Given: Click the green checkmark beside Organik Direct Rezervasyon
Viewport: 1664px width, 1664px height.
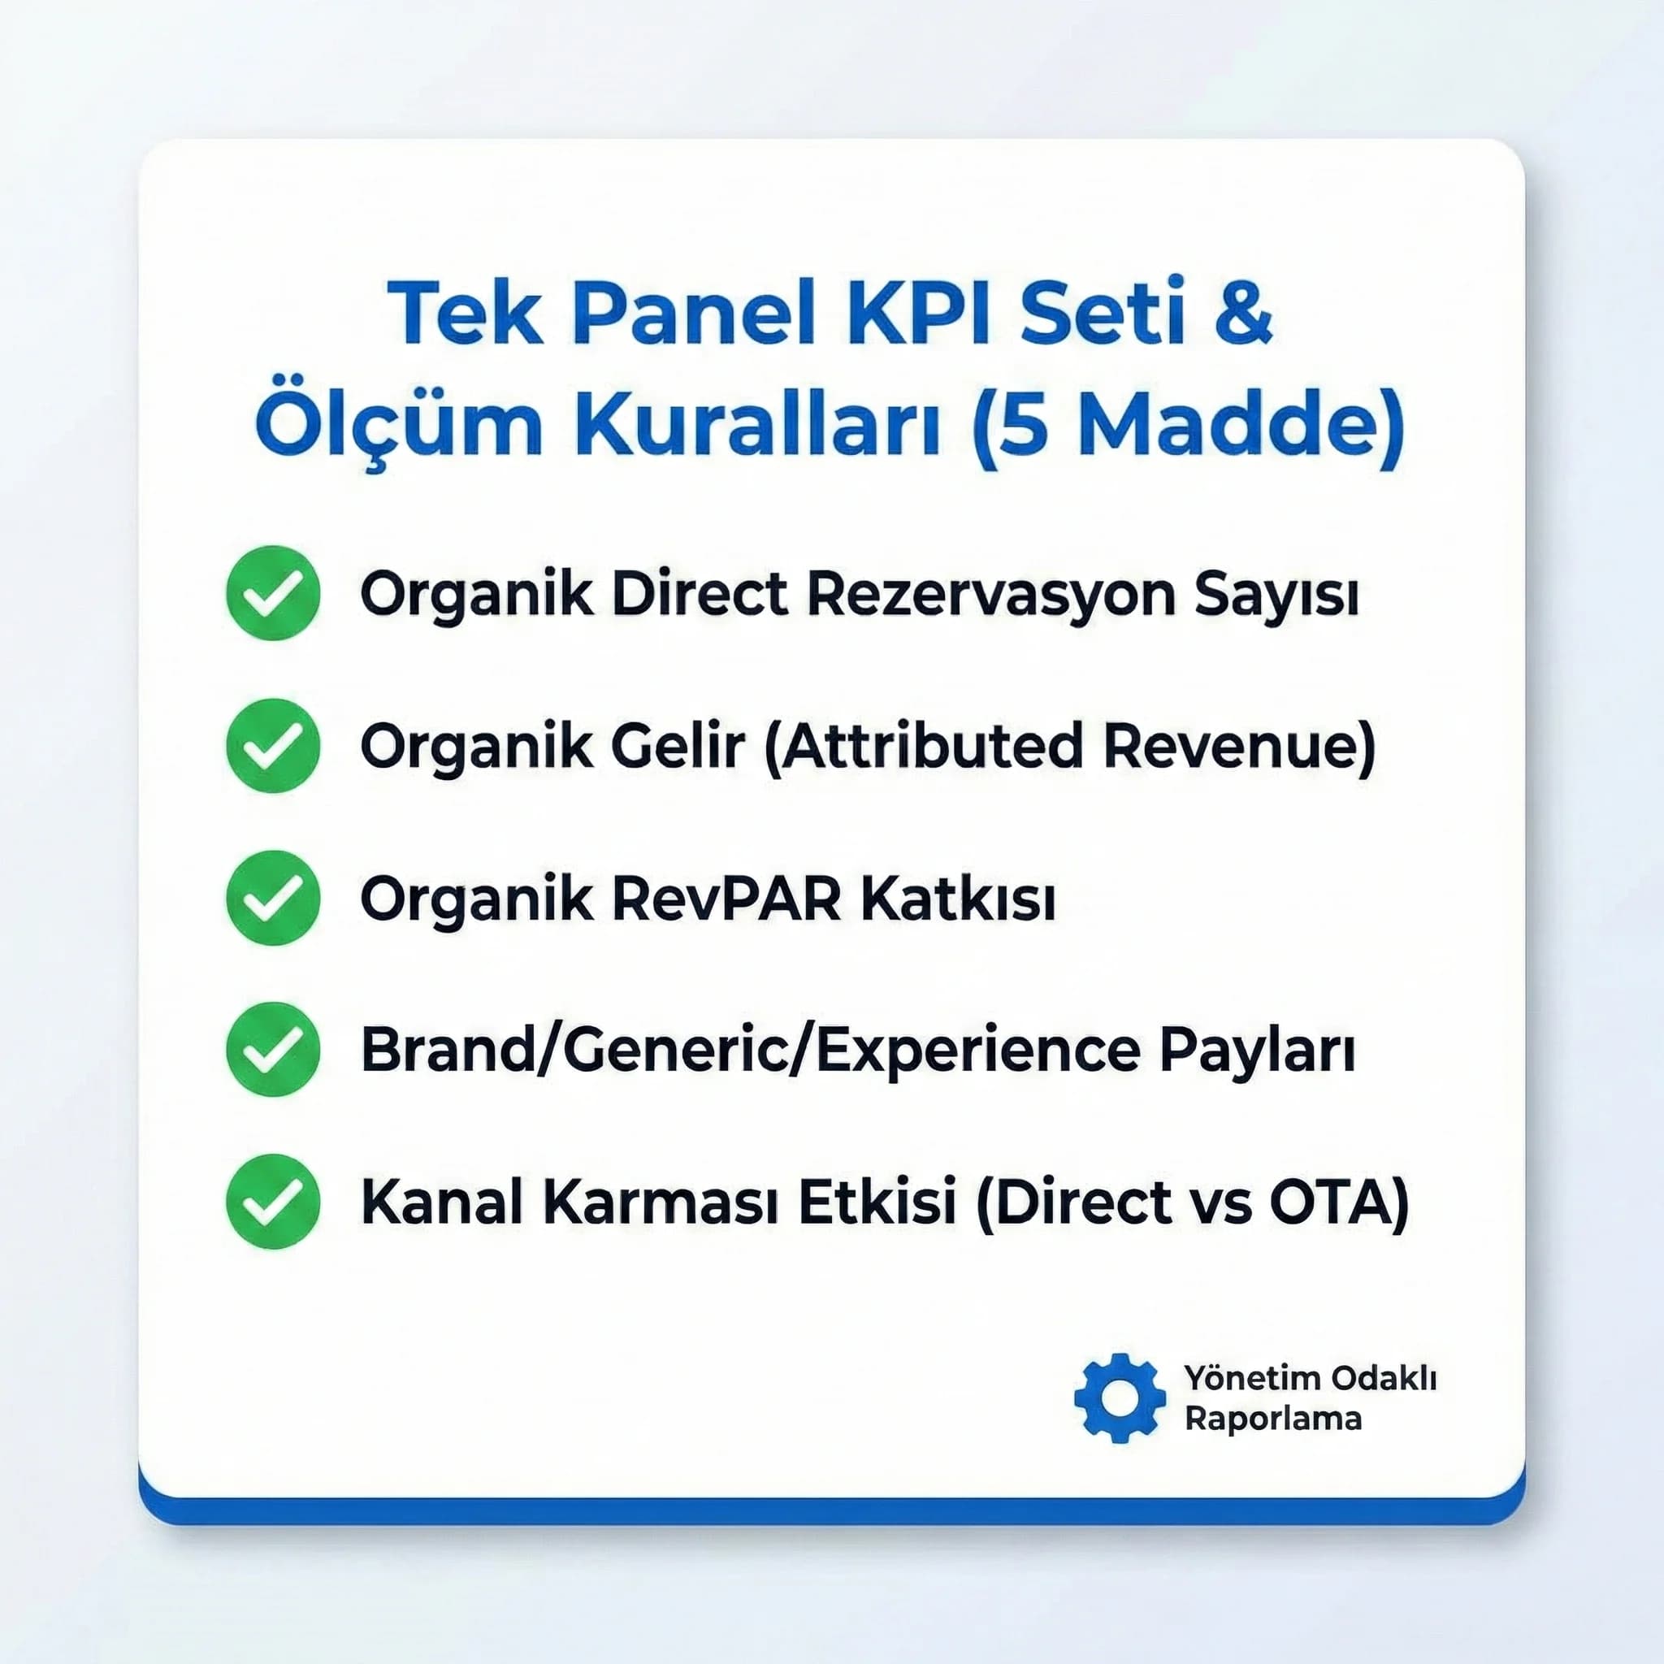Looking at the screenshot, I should [x=273, y=592].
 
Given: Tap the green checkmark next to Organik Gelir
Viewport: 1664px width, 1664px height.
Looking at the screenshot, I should [x=273, y=745].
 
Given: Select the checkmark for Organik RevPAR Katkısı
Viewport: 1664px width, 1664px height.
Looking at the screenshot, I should [x=273, y=898].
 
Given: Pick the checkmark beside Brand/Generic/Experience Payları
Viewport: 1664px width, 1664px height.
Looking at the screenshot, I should [x=273, y=1049].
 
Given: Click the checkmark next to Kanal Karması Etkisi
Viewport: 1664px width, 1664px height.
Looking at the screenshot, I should [x=273, y=1202].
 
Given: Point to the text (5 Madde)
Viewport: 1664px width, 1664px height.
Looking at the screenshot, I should [x=1188, y=427].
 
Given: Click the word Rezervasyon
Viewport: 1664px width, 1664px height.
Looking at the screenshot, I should [x=991, y=594].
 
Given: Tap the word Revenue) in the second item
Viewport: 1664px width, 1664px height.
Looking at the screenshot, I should [x=1238, y=747].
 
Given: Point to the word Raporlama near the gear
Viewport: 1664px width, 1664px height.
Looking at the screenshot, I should [x=1273, y=1419].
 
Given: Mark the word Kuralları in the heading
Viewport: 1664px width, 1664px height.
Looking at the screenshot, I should [x=759, y=427].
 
